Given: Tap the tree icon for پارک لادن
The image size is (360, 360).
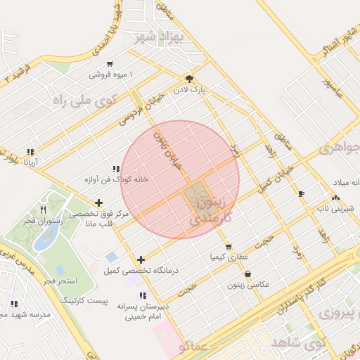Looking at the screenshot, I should [188, 79].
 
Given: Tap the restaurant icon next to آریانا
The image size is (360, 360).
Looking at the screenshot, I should [30, 152].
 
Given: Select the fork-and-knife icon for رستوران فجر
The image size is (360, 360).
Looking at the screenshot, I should [43, 210].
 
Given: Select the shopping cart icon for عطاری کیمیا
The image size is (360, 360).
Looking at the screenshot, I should [229, 246].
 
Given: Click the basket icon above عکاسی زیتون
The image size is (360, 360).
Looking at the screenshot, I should [248, 274].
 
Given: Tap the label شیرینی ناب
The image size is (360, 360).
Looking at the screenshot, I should [333, 208].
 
